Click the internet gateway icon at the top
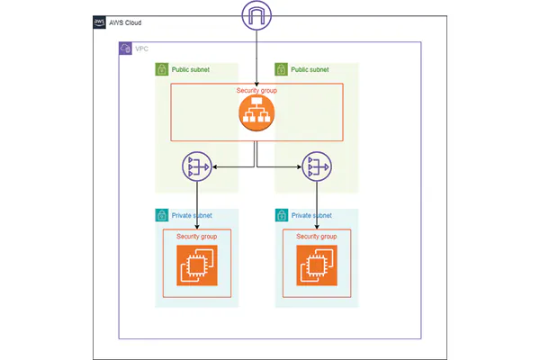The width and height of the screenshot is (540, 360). tap(256, 16)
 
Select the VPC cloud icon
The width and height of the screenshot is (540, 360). tap(126, 49)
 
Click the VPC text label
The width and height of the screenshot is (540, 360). tap(141, 49)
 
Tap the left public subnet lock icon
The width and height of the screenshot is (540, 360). tap(162, 69)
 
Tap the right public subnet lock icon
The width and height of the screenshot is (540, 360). tap(282, 69)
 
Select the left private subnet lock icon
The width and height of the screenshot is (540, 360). tap(162, 216)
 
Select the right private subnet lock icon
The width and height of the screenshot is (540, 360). tap(282, 216)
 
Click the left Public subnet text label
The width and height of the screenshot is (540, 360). tap(191, 69)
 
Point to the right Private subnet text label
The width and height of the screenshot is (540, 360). tap(311, 216)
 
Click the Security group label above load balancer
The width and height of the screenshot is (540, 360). tap(256, 91)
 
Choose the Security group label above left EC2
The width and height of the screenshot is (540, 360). tap(196, 237)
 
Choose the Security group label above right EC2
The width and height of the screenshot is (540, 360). tap(317, 237)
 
